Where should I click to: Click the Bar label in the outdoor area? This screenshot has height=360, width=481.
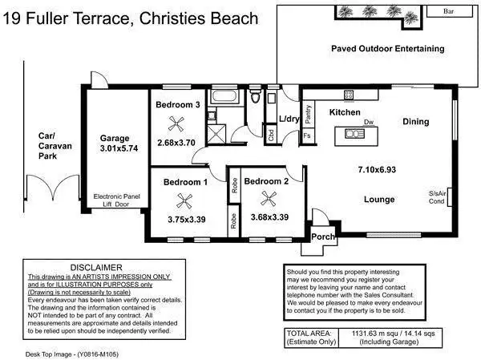pyautogui.click(x=448, y=11)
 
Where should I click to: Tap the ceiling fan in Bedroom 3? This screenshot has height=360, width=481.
pyautogui.click(x=176, y=124)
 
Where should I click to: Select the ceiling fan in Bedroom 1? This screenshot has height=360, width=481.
pyautogui.click(x=184, y=201)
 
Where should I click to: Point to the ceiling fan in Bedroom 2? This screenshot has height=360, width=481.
pyautogui.click(x=269, y=198)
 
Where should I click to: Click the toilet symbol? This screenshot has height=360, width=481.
pyautogui.click(x=255, y=95)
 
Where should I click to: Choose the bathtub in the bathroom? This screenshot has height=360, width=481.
pyautogui.click(x=224, y=96)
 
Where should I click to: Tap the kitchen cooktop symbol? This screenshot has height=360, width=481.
pyautogui.click(x=349, y=95)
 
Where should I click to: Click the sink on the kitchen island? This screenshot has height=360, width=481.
pyautogui.click(x=354, y=134)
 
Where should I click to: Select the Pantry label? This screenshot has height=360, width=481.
pyautogui.click(x=309, y=114)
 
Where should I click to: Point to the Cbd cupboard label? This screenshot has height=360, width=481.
pyautogui.click(x=271, y=135)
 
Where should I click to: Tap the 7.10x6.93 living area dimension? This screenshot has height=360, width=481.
pyautogui.click(x=377, y=170)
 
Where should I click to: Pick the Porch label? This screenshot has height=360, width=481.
pyautogui.click(x=323, y=237)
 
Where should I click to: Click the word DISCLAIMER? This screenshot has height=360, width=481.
pyautogui.click(x=96, y=268)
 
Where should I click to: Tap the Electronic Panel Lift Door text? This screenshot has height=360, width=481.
pyautogui.click(x=116, y=200)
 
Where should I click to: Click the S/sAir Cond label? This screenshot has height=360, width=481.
pyautogui.click(x=437, y=197)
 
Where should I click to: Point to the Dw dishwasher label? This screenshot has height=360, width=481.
pyautogui.click(x=369, y=122)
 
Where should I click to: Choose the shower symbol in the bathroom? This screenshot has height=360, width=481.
pyautogui.click(x=216, y=134)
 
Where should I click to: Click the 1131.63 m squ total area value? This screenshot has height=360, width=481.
pyautogui.click(x=374, y=334)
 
